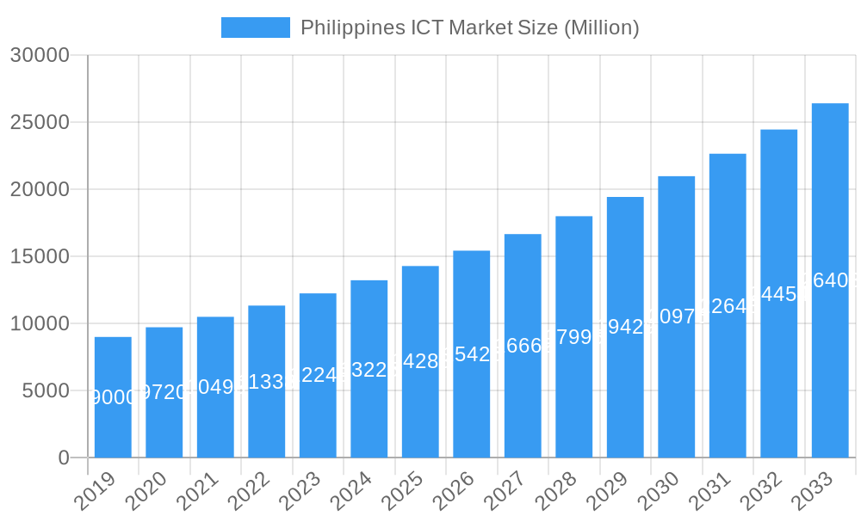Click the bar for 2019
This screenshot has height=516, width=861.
click(x=113, y=396)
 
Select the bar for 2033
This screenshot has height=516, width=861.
click(x=830, y=280)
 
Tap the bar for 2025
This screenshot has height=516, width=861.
click(x=420, y=361)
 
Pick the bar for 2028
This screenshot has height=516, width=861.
click(x=573, y=336)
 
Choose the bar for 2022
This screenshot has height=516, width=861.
click(x=266, y=381)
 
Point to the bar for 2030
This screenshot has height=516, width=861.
click(x=676, y=316)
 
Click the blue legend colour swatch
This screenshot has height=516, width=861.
click(x=255, y=28)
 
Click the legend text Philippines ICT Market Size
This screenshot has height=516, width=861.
click(x=469, y=28)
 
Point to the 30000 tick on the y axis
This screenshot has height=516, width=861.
click(x=40, y=55)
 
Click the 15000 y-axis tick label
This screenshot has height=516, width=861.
click(x=40, y=256)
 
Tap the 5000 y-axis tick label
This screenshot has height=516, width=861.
click(x=45, y=390)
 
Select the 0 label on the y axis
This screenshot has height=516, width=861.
click(x=64, y=458)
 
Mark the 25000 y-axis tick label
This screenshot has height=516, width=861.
click(x=40, y=122)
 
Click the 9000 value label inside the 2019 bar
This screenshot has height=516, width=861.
click(x=113, y=397)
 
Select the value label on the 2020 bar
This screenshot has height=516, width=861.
click(x=164, y=392)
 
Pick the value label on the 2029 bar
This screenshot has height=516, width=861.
click(x=625, y=327)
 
